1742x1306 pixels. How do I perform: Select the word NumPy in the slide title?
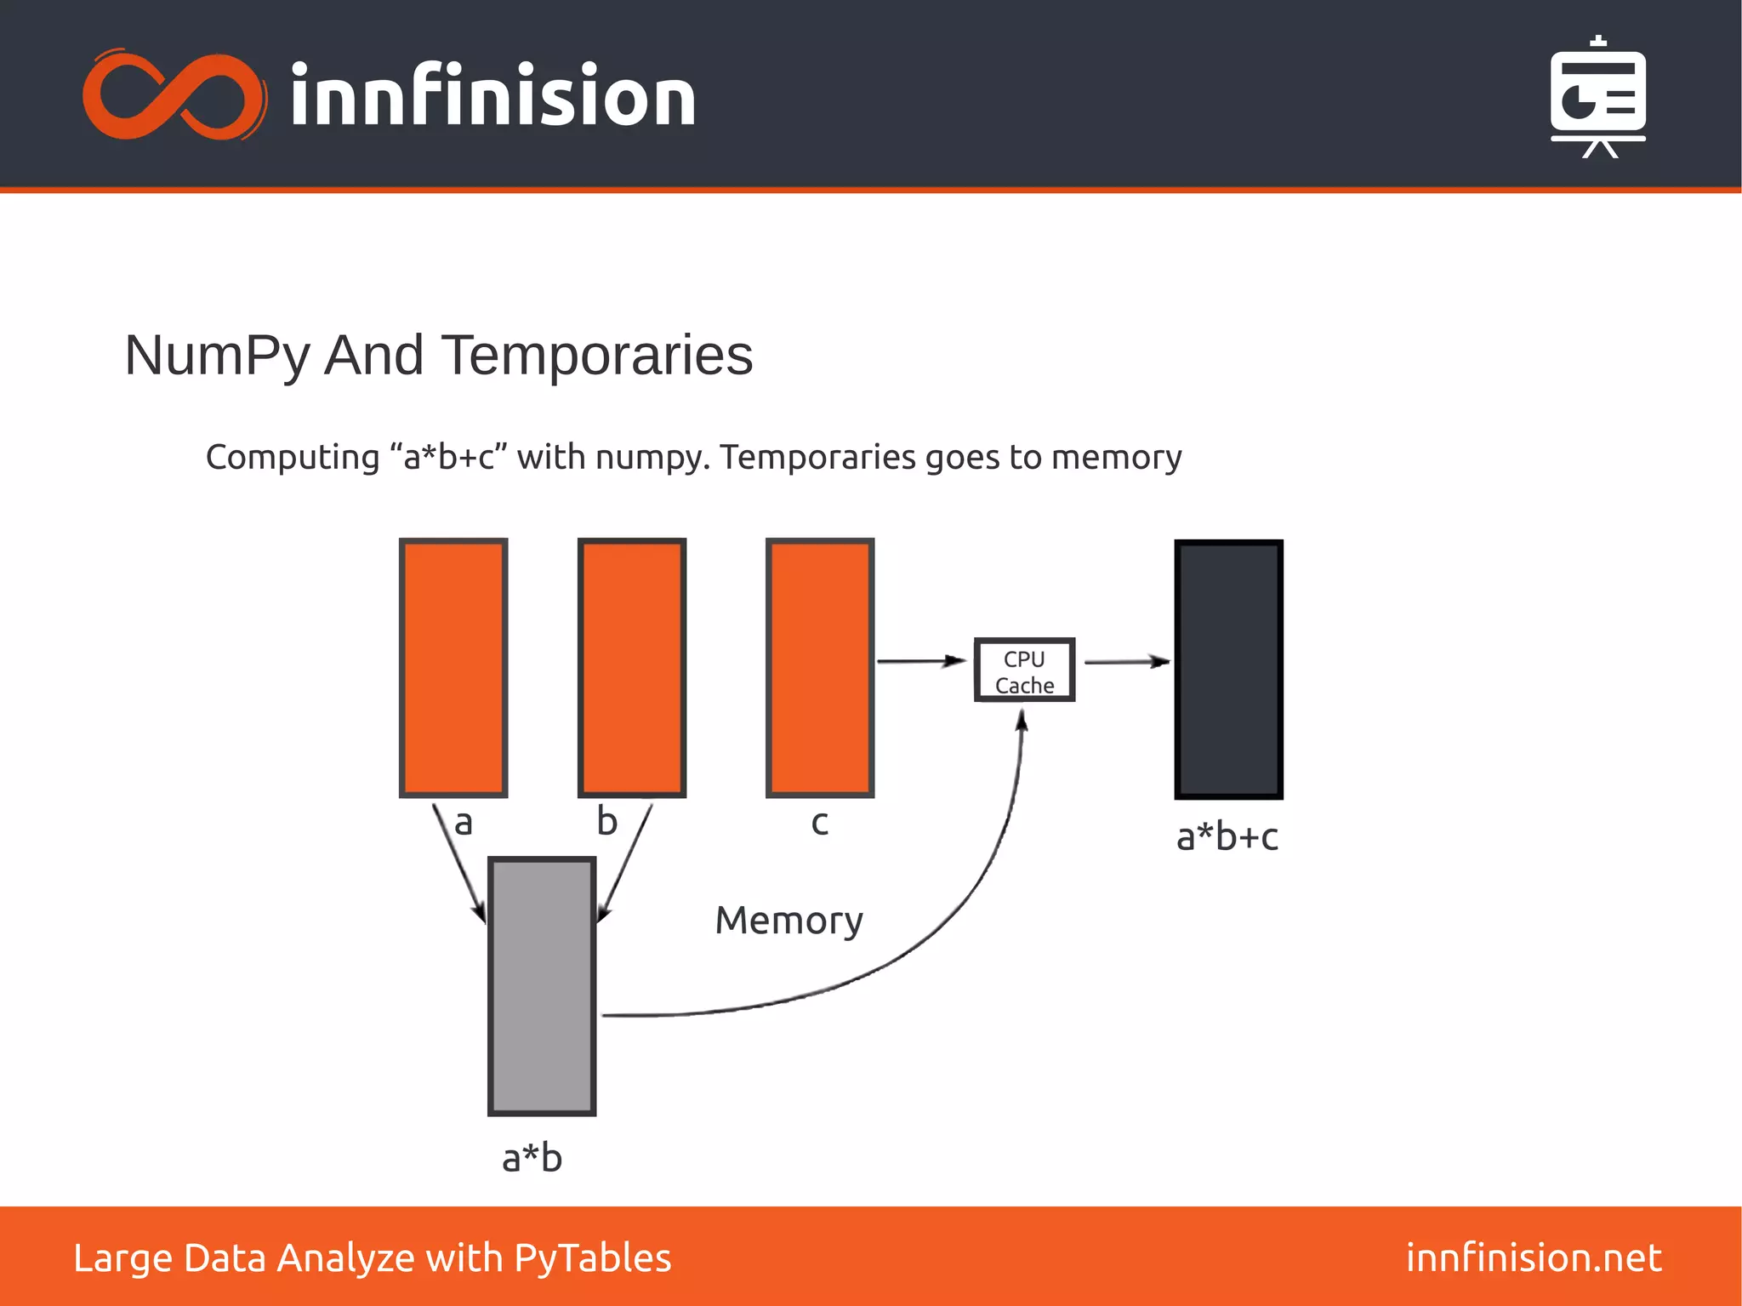pos(216,356)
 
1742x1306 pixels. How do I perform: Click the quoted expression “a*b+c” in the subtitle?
pos(448,458)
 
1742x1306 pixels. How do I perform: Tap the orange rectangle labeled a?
pos(453,668)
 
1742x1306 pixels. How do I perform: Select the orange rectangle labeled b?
pos(632,668)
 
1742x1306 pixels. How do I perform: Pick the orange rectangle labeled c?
pos(820,668)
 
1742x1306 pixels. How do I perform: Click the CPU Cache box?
pos(1024,670)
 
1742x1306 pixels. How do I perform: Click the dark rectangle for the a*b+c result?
pos(1228,670)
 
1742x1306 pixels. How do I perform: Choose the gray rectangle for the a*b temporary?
pos(542,986)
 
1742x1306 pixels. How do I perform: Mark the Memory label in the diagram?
pos(788,921)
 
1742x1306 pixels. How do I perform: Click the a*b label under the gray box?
pos(532,1158)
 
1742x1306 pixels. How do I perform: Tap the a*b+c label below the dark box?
pos(1227,837)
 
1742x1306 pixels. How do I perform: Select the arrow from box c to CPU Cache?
pos(922,661)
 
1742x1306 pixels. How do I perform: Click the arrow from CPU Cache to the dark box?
pos(1126,661)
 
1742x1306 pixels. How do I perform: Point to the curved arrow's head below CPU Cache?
pos(1022,721)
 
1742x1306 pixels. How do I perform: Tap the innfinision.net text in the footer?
pos(1534,1258)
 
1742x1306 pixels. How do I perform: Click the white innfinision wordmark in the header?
pos(493,96)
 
